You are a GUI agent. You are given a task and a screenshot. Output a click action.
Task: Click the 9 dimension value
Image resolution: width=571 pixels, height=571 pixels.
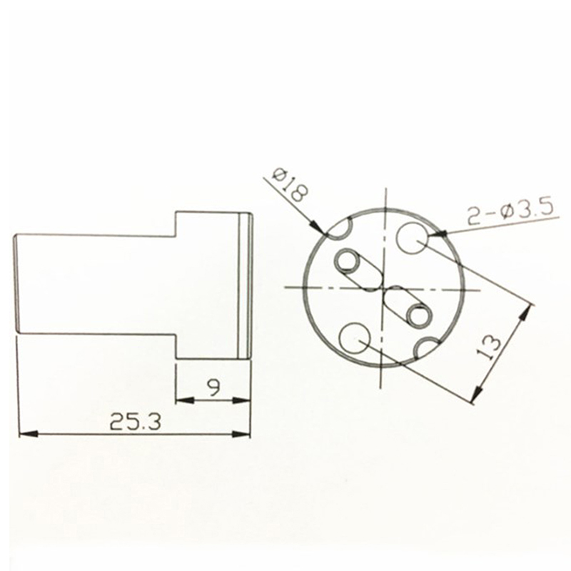[x=213, y=388]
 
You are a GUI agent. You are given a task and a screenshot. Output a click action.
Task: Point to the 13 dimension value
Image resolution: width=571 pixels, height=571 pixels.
[x=490, y=348]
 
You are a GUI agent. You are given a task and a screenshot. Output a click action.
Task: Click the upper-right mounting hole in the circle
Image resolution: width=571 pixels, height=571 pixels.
[x=412, y=238]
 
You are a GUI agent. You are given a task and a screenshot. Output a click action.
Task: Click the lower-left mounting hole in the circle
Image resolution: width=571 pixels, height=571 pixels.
[x=354, y=338]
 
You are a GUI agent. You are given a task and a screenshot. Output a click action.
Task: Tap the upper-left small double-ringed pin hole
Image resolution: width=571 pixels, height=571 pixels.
[x=345, y=261]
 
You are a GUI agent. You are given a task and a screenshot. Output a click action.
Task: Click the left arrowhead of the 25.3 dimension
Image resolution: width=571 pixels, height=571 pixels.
[x=28, y=434]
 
